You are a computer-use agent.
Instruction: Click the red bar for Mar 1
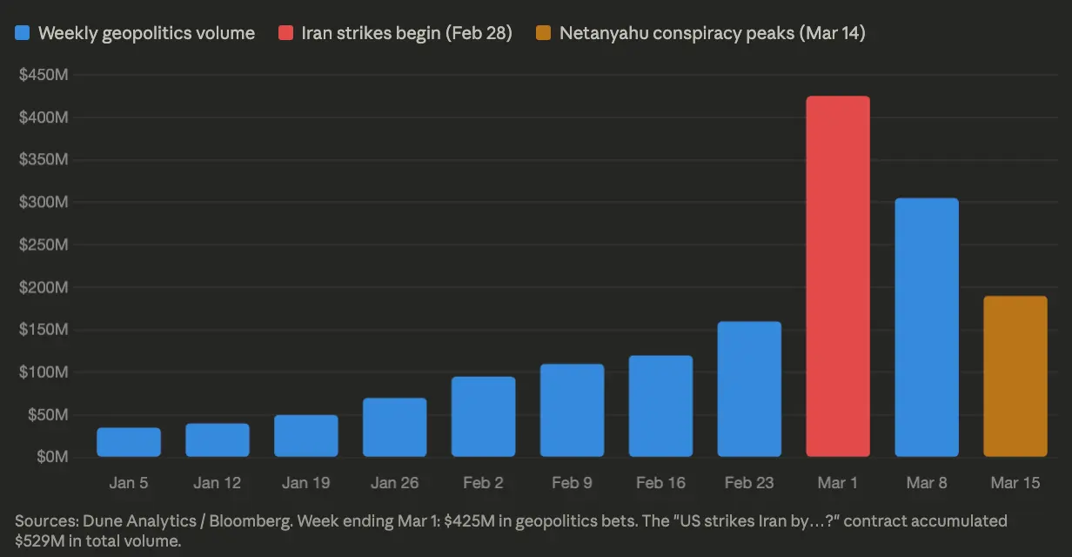837,277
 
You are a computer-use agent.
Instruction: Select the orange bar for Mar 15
1015,376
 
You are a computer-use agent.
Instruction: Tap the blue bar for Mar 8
926,327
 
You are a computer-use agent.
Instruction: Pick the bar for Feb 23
749,389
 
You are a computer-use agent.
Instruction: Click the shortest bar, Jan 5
129,442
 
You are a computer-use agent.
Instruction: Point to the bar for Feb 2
483,417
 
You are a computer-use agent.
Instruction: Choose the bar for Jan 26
394,427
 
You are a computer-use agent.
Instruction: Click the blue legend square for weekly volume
23,34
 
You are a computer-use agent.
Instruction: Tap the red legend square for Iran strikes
285,34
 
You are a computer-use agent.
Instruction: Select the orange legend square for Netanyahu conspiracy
544,34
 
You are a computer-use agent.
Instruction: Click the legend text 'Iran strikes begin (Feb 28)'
406,34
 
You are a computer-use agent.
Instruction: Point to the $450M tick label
44,75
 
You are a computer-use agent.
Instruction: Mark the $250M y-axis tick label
44,245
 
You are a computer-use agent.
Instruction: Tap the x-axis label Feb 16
660,483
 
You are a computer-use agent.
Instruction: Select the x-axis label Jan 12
218,483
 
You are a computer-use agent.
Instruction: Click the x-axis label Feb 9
572,483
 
